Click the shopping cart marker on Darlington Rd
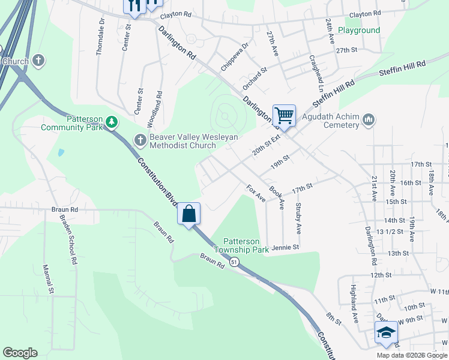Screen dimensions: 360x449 click(284, 115)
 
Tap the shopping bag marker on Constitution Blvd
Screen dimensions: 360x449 click(188, 214)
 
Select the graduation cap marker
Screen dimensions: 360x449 click(386, 333)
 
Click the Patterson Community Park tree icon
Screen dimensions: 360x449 click(111, 122)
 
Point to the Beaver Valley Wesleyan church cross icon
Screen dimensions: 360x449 click(140, 140)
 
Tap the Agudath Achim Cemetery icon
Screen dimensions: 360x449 click(369, 121)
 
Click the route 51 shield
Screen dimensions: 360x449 click(234, 262)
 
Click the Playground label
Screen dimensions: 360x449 click(359, 30)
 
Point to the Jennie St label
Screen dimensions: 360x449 click(285, 247)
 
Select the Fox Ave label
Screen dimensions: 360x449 click(256, 193)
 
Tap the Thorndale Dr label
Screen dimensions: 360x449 click(101, 37)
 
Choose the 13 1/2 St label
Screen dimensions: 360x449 click(388, 232)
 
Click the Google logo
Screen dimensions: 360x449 click(20, 353)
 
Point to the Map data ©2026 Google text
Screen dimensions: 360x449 click(412, 355)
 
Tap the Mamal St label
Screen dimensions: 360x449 click(47, 280)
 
